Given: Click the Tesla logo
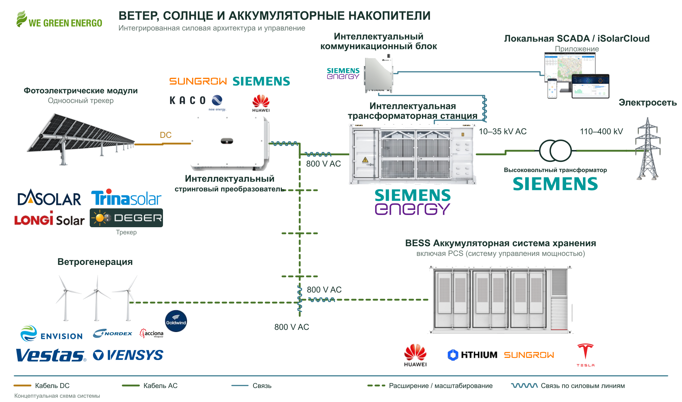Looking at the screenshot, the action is [585, 355].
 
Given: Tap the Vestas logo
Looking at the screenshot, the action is [51, 355].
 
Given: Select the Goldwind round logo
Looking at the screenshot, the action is [176, 321].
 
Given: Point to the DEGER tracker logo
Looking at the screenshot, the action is [126, 218].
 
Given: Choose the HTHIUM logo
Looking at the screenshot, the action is [472, 355].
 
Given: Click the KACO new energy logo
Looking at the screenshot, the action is [198, 102].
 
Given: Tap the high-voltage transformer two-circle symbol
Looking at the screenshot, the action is [555, 151].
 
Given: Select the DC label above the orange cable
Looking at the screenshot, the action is [165, 135].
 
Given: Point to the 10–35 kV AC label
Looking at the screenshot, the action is [503, 131].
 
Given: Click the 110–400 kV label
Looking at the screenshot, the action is [601, 131].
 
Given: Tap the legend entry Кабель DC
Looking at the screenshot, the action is [42, 385].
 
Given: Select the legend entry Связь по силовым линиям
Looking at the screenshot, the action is [568, 385].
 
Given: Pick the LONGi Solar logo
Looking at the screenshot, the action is [49, 219].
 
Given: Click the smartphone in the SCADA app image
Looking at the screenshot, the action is [552, 88].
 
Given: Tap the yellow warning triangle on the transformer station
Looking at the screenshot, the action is [365, 160].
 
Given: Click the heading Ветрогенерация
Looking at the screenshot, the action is [95, 262].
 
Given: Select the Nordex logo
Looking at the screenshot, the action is [113, 333].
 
